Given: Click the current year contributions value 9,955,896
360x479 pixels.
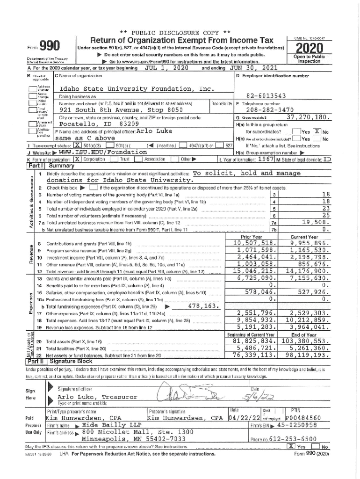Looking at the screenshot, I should pos(310,243).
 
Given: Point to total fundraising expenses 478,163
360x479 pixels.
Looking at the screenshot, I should pos(202,306).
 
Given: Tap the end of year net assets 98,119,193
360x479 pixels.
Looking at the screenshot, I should pos(310,355).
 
